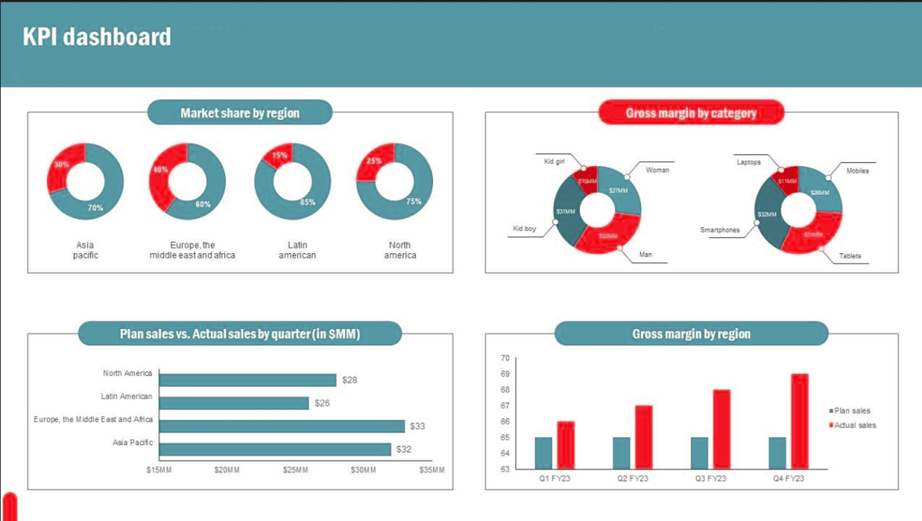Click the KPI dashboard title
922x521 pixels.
(96, 37)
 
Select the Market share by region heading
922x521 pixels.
(240, 113)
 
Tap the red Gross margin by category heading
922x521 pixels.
(691, 113)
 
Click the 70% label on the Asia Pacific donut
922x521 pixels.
(95, 208)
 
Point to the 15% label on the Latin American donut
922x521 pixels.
(281, 155)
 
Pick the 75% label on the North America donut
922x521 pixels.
(413, 202)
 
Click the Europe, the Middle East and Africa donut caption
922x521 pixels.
(194, 250)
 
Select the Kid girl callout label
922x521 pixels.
(554, 161)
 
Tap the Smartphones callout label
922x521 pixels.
(719, 230)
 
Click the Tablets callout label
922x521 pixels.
(850, 256)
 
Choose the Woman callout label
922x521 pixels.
(657, 169)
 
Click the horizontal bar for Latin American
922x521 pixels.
(233, 403)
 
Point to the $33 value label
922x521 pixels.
(417, 426)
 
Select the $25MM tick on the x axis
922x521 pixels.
(295, 470)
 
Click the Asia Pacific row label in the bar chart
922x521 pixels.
(132, 443)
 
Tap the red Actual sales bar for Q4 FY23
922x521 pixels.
(800, 420)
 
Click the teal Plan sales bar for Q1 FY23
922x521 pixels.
(543, 452)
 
